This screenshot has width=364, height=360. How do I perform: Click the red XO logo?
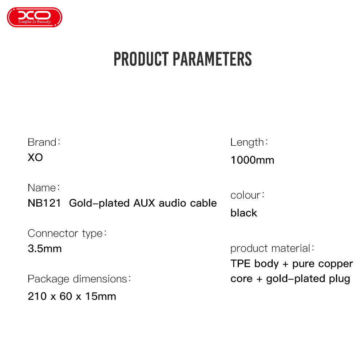tap(35, 17)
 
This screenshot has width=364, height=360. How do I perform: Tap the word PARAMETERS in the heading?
tap(212, 59)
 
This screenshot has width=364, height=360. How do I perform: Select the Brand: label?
tap(44, 142)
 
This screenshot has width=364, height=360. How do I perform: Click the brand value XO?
tap(35, 157)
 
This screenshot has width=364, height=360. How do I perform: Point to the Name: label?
tap(44, 188)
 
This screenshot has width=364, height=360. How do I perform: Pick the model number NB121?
tap(44, 203)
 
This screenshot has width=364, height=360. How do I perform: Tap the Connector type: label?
tap(67, 233)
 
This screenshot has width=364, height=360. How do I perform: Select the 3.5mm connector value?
tap(45, 249)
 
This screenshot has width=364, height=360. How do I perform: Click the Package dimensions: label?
tap(79, 279)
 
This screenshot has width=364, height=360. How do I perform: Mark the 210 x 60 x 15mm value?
tap(72, 296)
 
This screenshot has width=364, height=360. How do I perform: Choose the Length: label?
tap(249, 142)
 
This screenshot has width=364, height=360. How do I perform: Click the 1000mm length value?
tap(252, 160)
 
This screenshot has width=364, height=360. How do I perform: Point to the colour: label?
tap(248, 195)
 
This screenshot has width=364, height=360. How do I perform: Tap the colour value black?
tap(244, 213)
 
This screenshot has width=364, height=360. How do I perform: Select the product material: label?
tap(272, 249)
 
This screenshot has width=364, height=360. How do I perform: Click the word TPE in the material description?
tap(241, 264)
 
